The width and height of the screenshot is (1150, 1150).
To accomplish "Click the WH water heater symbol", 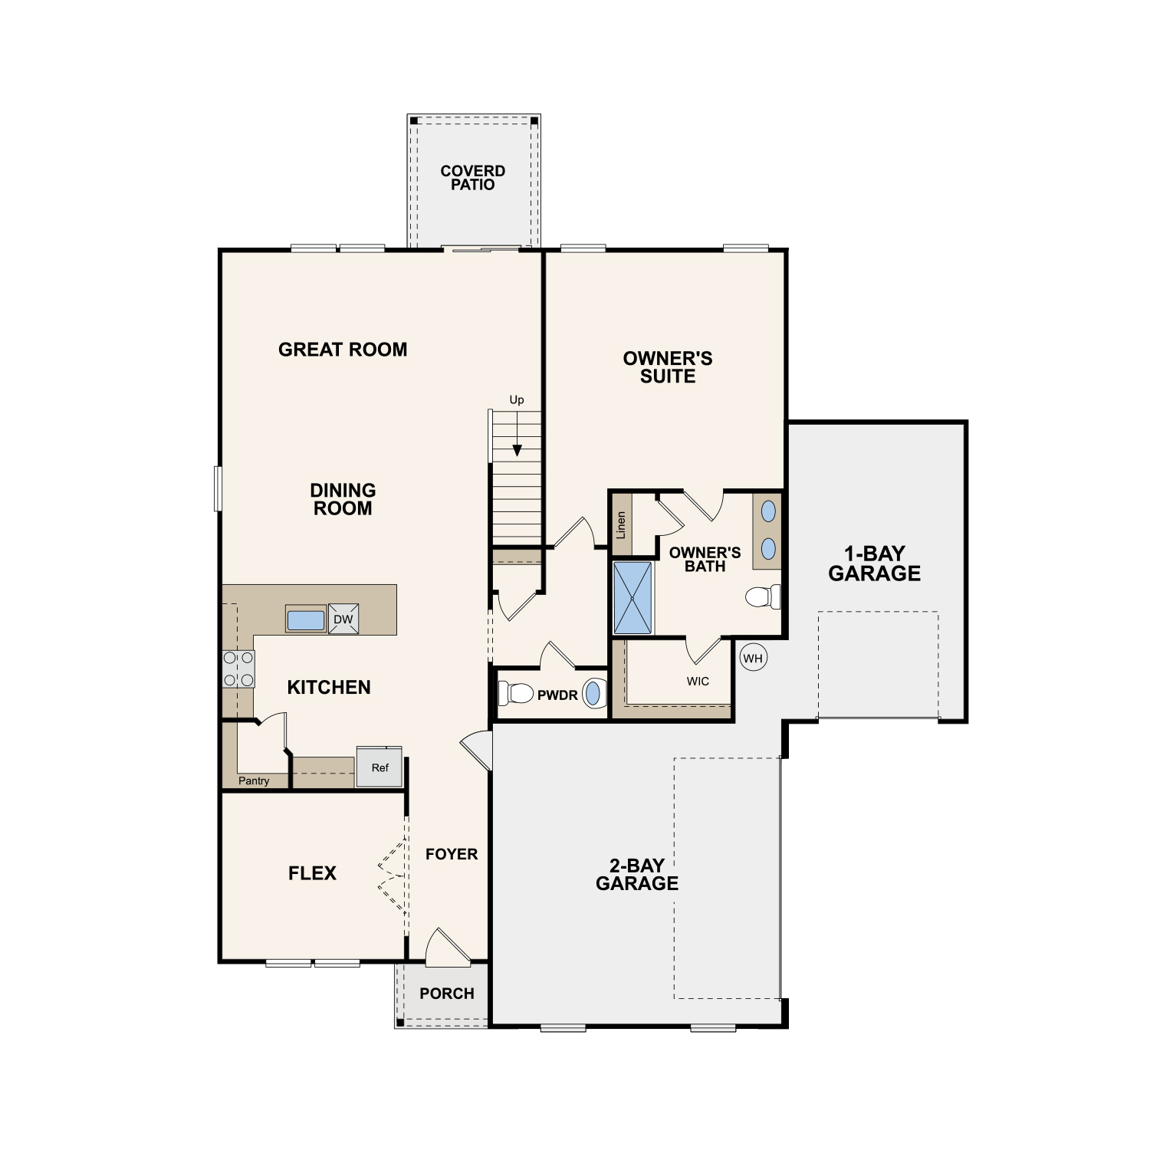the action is [x=753, y=658].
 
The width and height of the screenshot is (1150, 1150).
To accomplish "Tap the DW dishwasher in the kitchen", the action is [x=343, y=619].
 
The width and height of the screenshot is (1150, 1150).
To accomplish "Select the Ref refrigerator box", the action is [x=379, y=767].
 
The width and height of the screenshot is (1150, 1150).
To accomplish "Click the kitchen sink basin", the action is [x=306, y=619].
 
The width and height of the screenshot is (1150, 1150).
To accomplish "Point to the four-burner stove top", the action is [x=238, y=669].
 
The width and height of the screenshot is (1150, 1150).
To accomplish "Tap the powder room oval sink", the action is [x=593, y=694].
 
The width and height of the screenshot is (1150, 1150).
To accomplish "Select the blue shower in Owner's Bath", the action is [x=632, y=598].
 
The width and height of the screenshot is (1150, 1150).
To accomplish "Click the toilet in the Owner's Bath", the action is [x=763, y=596].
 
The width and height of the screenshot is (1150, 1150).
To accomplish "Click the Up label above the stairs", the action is [x=517, y=400].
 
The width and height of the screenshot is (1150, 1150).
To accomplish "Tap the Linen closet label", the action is [x=621, y=524].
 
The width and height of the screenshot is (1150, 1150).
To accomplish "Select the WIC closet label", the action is [x=698, y=682].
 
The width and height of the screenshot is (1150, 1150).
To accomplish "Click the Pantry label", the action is [x=254, y=780].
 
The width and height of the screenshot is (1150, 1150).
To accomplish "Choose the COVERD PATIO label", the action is [x=473, y=178].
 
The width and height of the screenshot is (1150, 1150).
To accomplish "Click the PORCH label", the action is [x=447, y=994].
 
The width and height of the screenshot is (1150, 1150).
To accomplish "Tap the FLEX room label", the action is [x=312, y=873].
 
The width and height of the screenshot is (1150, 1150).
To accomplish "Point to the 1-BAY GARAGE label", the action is [x=875, y=563].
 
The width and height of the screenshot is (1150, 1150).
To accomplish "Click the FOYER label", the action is [x=452, y=854].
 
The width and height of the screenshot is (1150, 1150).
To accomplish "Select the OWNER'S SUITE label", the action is [x=668, y=367].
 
